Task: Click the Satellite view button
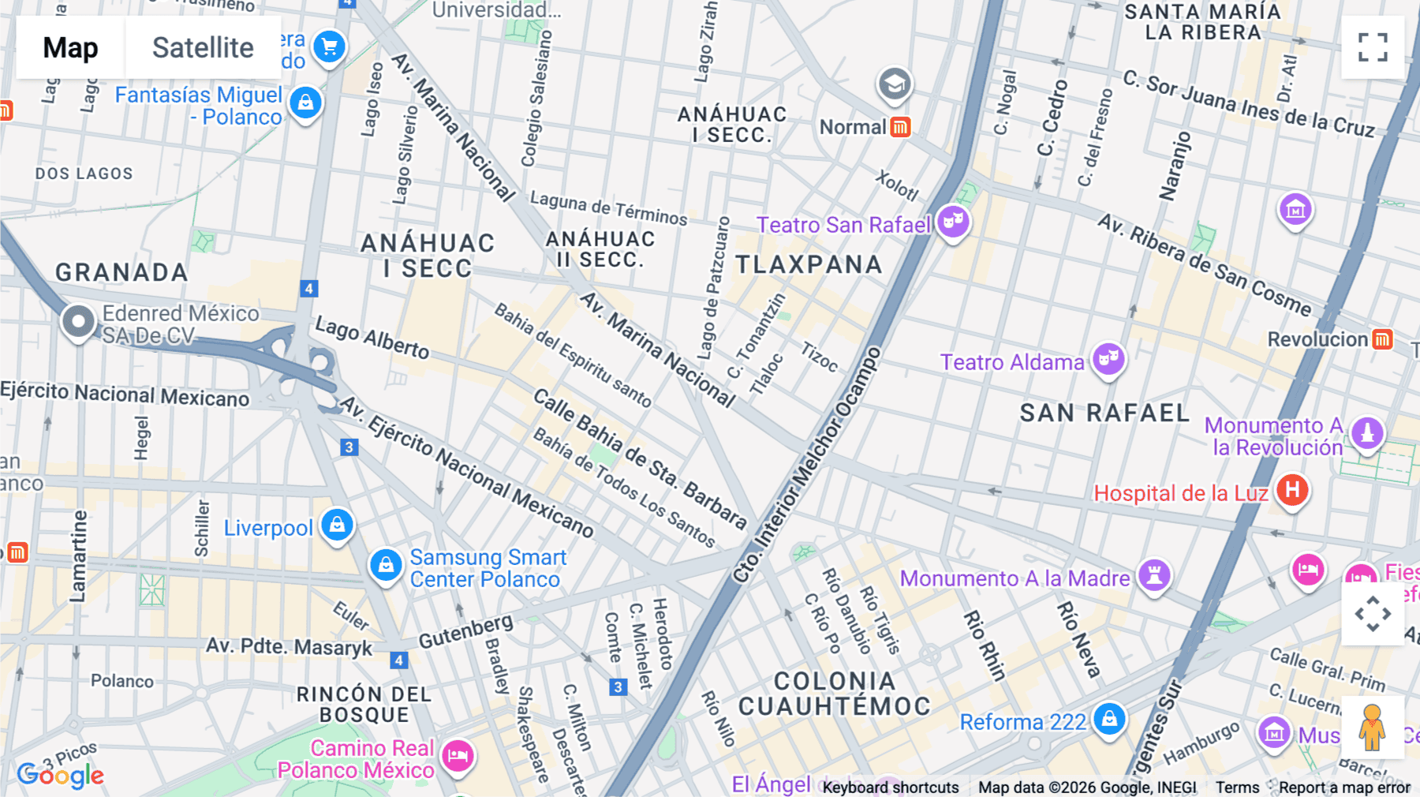click(203, 47)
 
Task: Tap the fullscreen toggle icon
click(1373, 47)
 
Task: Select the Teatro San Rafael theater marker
click(953, 223)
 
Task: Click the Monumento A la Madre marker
click(1154, 575)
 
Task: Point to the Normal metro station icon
click(900, 127)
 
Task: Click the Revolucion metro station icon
click(1382, 339)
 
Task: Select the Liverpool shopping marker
click(337, 525)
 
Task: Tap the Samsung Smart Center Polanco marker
click(386, 566)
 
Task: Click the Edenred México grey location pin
click(78, 322)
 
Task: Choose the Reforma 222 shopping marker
click(1109, 719)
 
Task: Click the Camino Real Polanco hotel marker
click(458, 756)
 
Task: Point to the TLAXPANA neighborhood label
click(809, 264)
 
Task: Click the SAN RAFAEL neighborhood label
click(1104, 413)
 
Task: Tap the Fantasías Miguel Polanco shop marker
click(305, 103)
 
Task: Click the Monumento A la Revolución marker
click(1367, 433)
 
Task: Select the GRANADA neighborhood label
click(121, 272)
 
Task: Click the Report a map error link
click(1344, 788)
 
